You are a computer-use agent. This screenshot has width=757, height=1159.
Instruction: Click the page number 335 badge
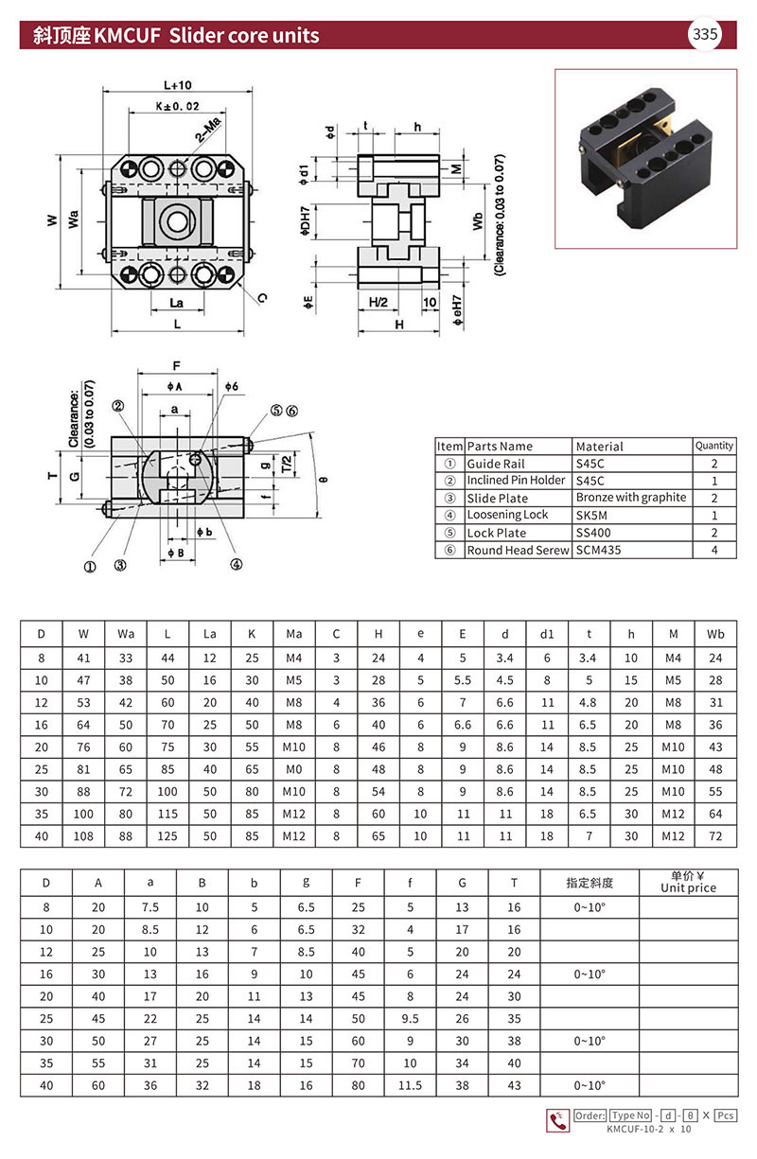(x=705, y=34)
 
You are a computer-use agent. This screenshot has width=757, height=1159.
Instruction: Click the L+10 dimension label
(x=178, y=85)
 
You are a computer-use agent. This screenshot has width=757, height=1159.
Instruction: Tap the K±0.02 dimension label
(x=178, y=106)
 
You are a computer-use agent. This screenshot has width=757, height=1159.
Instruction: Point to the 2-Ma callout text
(x=208, y=130)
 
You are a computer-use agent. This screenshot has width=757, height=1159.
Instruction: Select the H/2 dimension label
(x=378, y=302)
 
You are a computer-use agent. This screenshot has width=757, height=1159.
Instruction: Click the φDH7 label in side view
(x=306, y=221)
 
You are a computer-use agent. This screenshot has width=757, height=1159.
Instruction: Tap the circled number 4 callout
(x=236, y=565)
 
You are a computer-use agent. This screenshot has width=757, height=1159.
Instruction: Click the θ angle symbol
(x=324, y=480)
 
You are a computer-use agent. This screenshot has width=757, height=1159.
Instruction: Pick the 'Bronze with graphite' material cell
(x=631, y=498)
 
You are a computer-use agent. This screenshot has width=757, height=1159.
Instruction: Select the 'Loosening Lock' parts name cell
(x=507, y=515)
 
